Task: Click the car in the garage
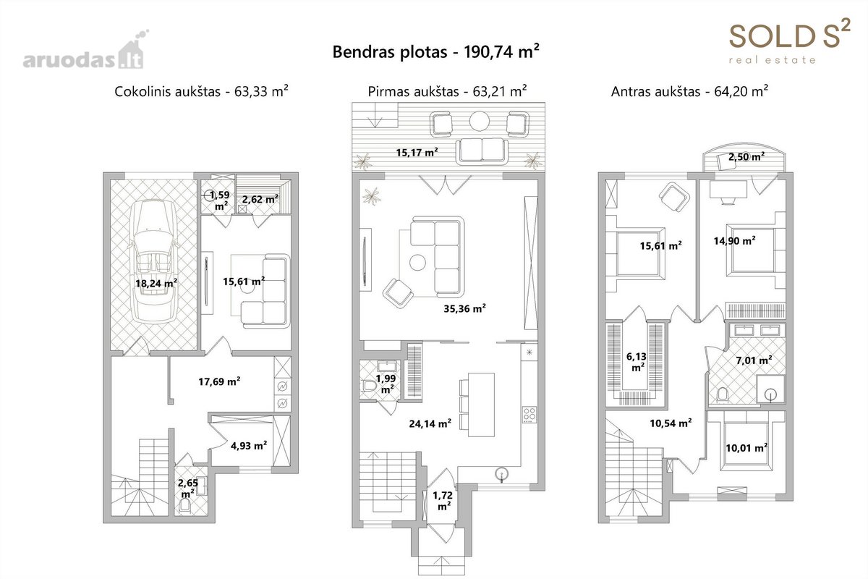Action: pos(155,261)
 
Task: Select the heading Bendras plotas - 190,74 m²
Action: pos(435,51)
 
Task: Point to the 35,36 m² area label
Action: pos(464,309)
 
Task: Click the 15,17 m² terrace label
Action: pos(417,153)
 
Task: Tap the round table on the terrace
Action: pos(480,122)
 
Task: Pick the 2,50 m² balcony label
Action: pos(746,156)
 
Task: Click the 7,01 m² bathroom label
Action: pos(754,360)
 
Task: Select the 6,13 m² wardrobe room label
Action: pos(637,361)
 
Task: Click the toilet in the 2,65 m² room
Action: pos(185,505)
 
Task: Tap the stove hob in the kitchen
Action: pos(529,414)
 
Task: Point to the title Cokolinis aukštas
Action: pos(167,91)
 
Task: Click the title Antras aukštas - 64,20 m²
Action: pos(689,91)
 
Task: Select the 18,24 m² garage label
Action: pos(156,284)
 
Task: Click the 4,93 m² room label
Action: pos(249,446)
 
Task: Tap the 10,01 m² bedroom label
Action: pos(746,448)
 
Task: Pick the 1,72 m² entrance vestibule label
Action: pos(443,500)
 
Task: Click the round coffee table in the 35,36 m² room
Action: pos(418,263)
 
